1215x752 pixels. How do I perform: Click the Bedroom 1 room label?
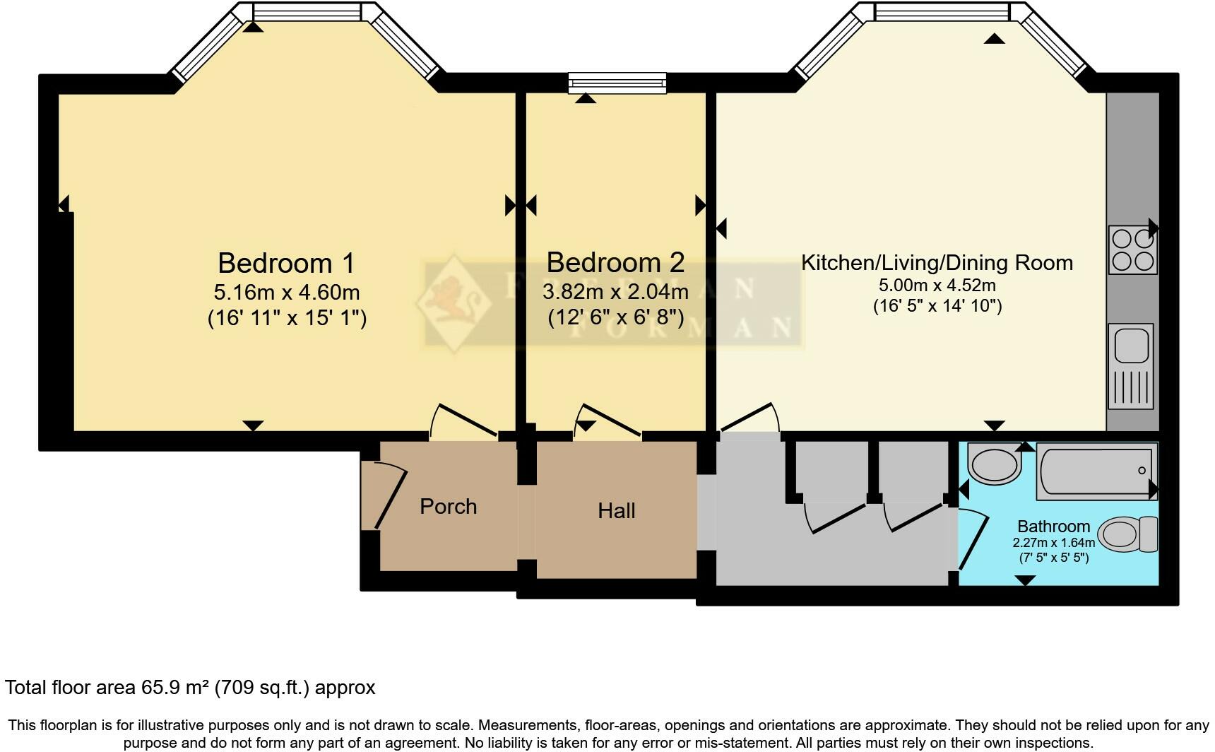[286, 263]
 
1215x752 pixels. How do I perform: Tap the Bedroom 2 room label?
[615, 262]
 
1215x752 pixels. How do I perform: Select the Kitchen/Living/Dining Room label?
[937, 263]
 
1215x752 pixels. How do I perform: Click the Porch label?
[448, 506]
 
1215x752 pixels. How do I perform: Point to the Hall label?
[616, 510]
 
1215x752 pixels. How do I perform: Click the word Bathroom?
[1053, 526]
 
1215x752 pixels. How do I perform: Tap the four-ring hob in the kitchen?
[1132, 249]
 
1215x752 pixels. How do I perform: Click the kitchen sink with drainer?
[1130, 366]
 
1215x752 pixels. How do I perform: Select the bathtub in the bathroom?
[1096, 471]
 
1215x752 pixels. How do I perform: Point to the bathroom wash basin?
[994, 464]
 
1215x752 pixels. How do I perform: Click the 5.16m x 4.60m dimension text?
[286, 292]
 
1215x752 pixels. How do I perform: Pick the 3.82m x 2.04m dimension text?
[615, 291]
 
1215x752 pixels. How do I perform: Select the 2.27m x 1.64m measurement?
[1053, 543]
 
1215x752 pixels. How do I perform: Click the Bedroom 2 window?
[617, 83]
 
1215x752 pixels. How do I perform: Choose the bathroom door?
[973, 541]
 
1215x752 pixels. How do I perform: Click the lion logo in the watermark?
[453, 300]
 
